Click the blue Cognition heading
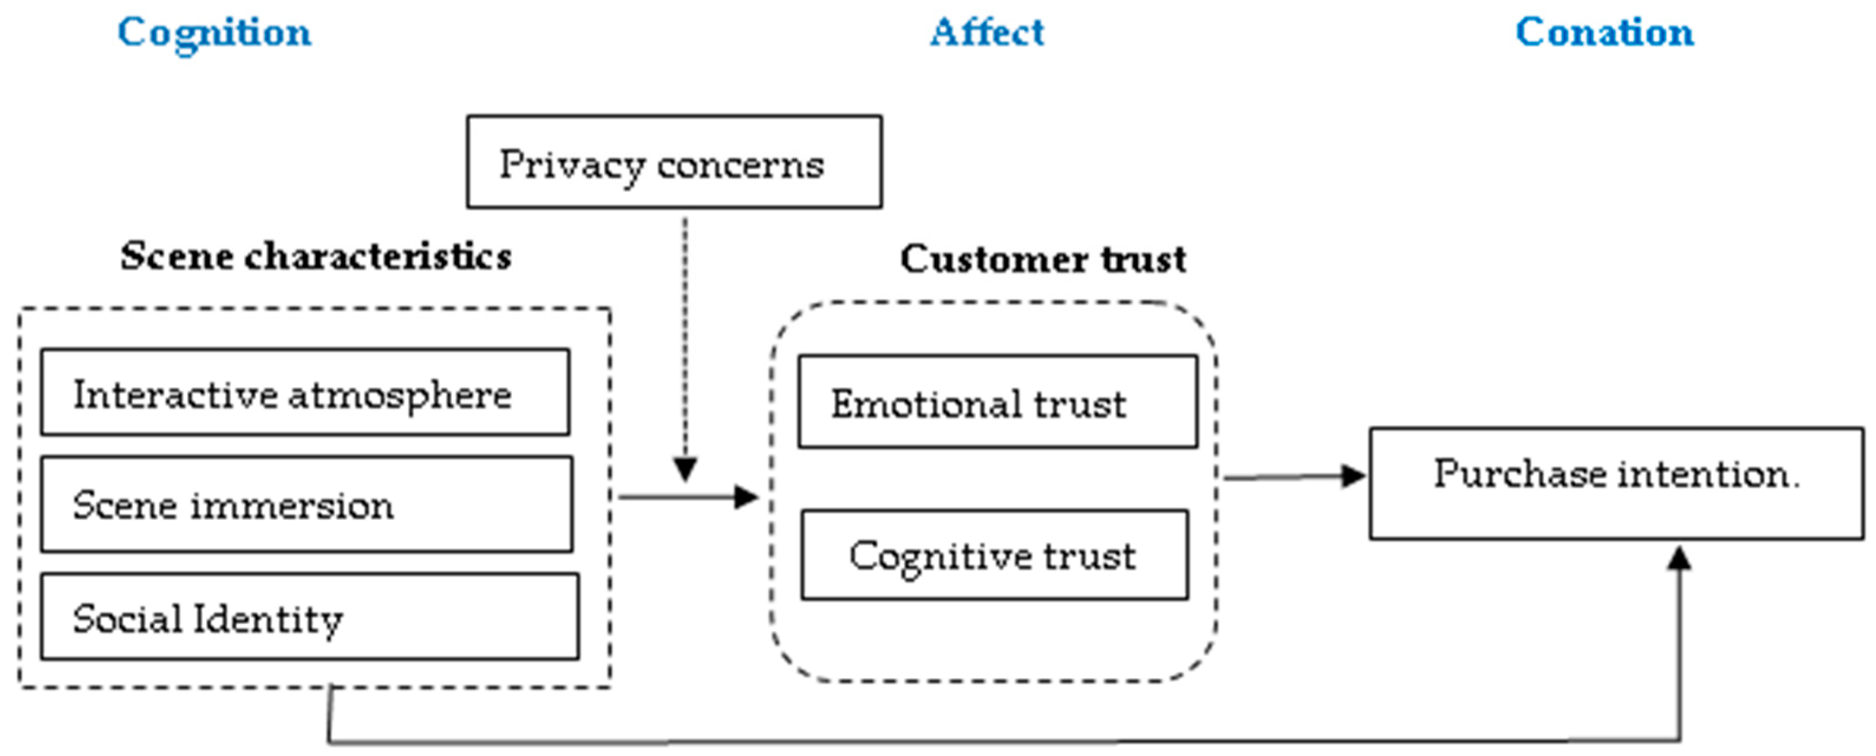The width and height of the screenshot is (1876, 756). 214,34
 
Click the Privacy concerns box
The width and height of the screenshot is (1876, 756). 674,162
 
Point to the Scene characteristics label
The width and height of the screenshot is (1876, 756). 316,256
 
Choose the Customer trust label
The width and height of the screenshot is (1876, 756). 1043,258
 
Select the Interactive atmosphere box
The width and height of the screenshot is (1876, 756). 305,392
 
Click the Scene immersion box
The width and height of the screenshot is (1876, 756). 306,504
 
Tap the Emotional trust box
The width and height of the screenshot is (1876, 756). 998,401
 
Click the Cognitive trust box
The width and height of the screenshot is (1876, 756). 995,555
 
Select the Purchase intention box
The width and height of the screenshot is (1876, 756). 1617,483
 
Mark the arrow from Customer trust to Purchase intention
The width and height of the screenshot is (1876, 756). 1294,476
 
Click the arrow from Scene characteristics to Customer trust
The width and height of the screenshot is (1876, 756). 689,498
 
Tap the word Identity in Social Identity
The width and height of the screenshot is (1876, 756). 269,620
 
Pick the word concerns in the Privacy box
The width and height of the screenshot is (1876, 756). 741,166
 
